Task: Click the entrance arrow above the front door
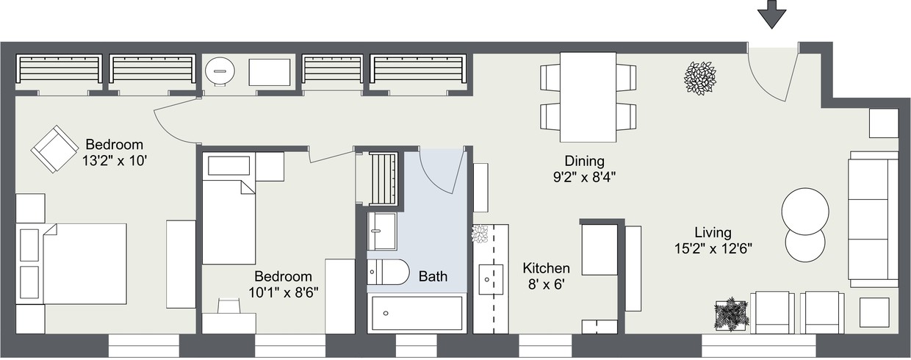click(x=771, y=13)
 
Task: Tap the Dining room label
click(x=584, y=161)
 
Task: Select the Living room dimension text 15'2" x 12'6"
click(x=713, y=249)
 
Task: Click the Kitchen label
click(x=546, y=268)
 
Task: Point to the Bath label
click(x=433, y=277)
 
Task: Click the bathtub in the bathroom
click(x=417, y=314)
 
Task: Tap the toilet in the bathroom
click(x=388, y=273)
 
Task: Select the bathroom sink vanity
click(x=382, y=231)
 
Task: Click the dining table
click(x=588, y=97)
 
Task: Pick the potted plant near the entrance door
click(x=699, y=78)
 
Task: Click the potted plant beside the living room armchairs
click(x=731, y=314)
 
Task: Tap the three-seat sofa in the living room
click(x=873, y=219)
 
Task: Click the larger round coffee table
click(x=805, y=212)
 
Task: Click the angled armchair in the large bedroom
click(x=54, y=149)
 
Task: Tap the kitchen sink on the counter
click(x=490, y=279)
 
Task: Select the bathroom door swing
click(x=441, y=170)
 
